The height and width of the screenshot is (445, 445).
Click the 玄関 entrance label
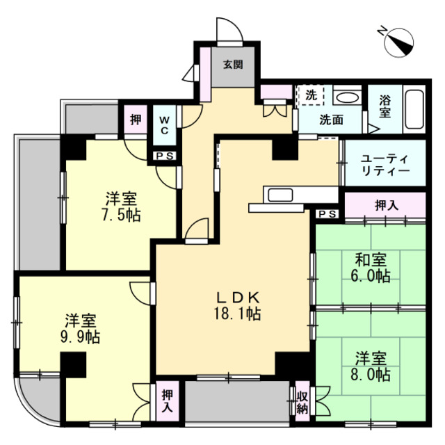click(x=233, y=65)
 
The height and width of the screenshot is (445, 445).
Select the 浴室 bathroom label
click(x=385, y=106)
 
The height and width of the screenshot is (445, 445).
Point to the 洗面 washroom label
click(x=331, y=120)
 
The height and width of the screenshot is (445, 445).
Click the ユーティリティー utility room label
click(x=385, y=165)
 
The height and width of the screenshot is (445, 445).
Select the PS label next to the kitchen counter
click(x=328, y=214)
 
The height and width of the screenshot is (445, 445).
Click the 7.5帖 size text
click(x=120, y=215)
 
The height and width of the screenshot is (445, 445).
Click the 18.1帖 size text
click(x=237, y=314)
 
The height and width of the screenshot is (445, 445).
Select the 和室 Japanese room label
click(x=372, y=259)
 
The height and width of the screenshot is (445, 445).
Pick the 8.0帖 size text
click(x=372, y=376)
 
